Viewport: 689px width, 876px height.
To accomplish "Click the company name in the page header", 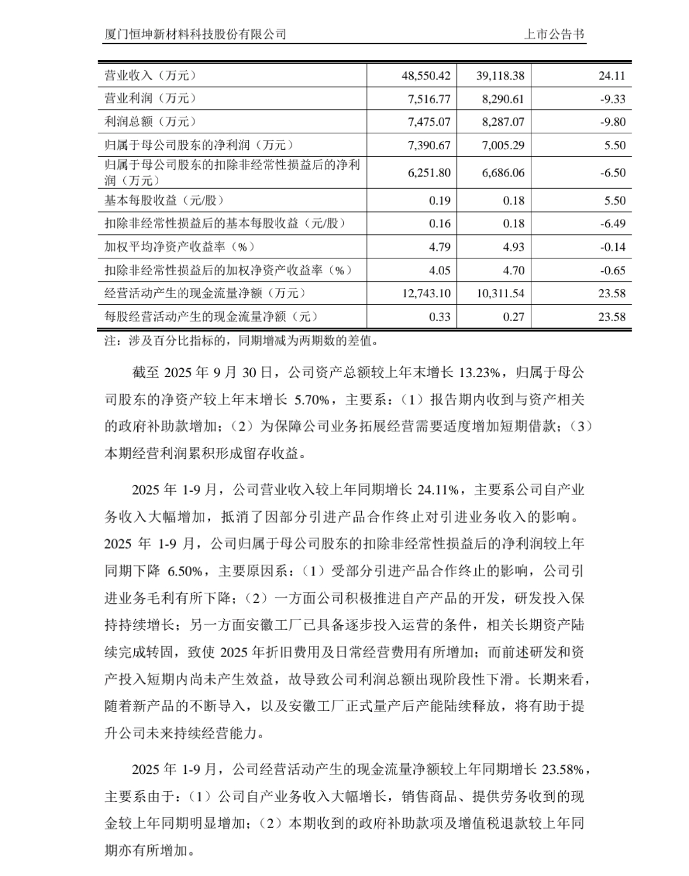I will tap(195, 34).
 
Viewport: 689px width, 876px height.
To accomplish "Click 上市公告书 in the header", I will tap(554, 34).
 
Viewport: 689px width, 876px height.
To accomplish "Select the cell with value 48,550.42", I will tap(426, 75).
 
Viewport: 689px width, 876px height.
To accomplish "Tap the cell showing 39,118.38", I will tap(500, 75).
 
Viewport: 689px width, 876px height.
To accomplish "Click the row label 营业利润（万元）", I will tap(151, 98).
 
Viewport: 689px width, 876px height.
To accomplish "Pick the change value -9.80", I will tap(613, 122).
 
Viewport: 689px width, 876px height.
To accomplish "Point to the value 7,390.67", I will tap(429, 145).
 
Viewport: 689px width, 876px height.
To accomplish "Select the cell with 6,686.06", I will tap(503, 173).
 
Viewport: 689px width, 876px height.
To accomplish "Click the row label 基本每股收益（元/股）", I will tap(165, 200).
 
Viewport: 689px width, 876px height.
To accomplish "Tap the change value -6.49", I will tap(613, 224).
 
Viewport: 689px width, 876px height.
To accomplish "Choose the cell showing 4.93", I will tap(514, 247).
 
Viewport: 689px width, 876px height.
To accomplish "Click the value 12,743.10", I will tap(426, 293).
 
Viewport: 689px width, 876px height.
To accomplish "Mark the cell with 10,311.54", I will tap(500, 293).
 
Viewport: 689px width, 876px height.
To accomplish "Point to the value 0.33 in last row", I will tap(440, 317).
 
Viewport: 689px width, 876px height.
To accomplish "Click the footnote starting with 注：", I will tap(242, 341).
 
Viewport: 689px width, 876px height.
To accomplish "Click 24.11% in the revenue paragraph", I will tap(437, 490).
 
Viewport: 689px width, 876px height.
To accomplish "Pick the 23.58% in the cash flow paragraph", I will tap(562, 769).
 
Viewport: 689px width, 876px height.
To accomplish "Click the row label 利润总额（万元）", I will tap(151, 122).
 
